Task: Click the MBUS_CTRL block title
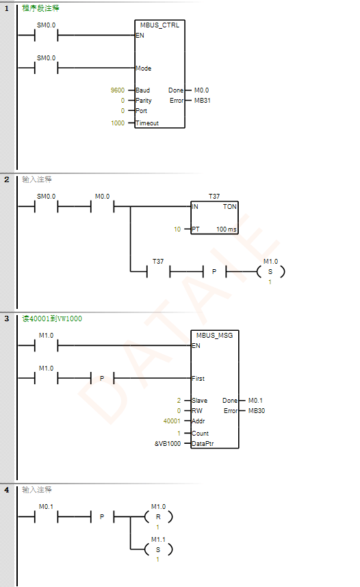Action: click(x=159, y=25)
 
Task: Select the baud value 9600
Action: click(x=118, y=90)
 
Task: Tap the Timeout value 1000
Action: click(x=118, y=123)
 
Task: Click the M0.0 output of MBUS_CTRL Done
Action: click(x=201, y=90)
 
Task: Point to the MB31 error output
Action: click(x=202, y=100)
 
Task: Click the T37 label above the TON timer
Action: click(x=214, y=196)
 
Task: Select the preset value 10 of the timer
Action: click(x=177, y=229)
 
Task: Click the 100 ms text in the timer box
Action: click(x=227, y=229)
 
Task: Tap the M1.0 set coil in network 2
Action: click(x=270, y=271)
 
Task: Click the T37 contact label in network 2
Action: click(x=158, y=261)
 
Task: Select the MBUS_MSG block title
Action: click(x=214, y=336)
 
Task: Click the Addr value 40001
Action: click(x=172, y=421)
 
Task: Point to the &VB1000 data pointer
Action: click(x=168, y=444)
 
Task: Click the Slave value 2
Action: click(x=179, y=401)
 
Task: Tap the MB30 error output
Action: click(x=257, y=411)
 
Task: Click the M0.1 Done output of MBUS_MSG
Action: click(x=255, y=401)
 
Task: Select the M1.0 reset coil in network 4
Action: click(x=158, y=517)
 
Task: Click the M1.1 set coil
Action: click(x=158, y=549)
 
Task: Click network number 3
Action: click(x=7, y=319)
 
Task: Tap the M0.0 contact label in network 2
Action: click(x=102, y=196)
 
